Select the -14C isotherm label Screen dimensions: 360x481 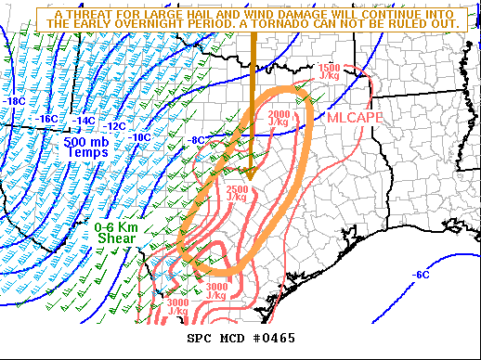coord(84,121)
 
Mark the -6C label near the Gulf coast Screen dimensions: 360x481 coord(421,274)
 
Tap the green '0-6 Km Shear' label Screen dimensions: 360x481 coord(115,233)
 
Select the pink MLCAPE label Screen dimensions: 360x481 coord(353,118)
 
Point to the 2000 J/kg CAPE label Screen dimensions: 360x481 coord(278,117)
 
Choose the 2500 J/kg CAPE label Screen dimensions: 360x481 coord(236,193)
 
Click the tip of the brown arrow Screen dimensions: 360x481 coord(252,175)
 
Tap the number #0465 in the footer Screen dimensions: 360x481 coord(274,338)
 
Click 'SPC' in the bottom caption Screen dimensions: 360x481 coord(201,338)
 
